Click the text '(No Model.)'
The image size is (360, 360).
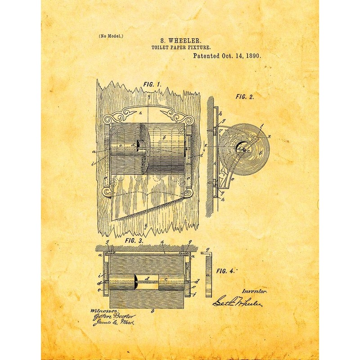click(x=110, y=36)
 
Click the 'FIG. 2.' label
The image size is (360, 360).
click(x=245, y=97)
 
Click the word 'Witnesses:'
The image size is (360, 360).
click(x=104, y=310)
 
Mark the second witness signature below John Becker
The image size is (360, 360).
click(x=110, y=323)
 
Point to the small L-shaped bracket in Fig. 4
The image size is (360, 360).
click(x=208, y=272)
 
